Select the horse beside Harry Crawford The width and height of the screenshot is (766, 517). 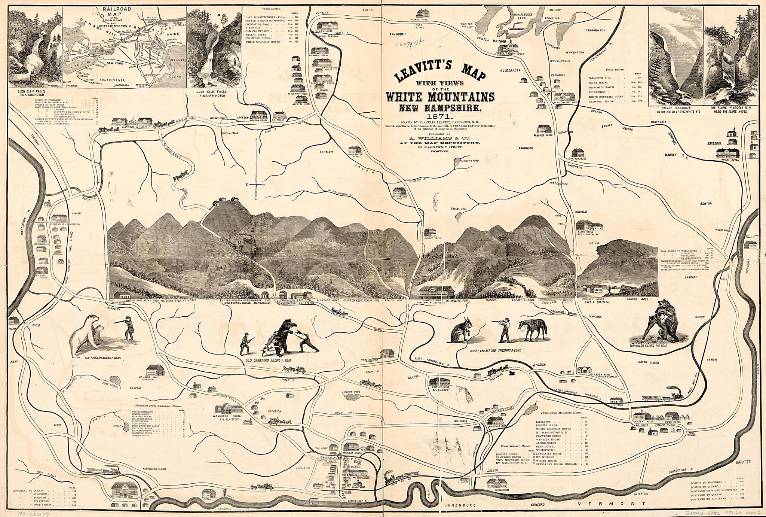tap(532, 330)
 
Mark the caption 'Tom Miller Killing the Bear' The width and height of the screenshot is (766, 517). tap(661, 346)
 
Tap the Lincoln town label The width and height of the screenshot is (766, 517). tap(581, 212)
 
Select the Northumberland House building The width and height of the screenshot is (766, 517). tap(126, 489)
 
